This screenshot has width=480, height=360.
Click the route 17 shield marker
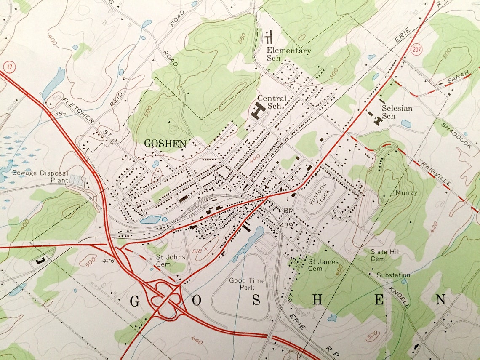click(x=8, y=67)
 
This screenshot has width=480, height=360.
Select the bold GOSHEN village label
click(x=165, y=144)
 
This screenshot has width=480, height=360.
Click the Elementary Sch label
click(x=288, y=54)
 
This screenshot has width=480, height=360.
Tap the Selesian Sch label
click(x=397, y=112)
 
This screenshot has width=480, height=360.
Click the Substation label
click(x=392, y=275)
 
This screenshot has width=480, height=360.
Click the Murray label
click(x=406, y=193)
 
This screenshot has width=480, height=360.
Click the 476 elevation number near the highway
click(x=108, y=261)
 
